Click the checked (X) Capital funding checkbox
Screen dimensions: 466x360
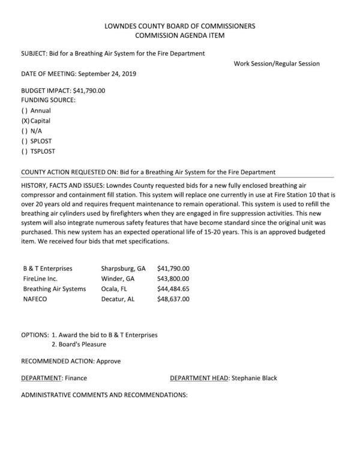(25, 121)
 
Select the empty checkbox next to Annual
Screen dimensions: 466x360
(25, 110)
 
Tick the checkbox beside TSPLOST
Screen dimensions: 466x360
(25, 151)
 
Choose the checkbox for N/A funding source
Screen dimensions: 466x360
(25, 131)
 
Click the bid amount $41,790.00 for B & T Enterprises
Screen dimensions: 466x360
(173, 268)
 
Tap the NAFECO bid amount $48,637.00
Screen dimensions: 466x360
(173, 299)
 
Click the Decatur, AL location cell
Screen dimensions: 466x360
(118, 299)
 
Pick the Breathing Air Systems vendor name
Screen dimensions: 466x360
(55, 288)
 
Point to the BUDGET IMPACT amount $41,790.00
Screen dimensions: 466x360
(89, 91)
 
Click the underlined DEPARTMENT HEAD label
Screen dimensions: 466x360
(199, 378)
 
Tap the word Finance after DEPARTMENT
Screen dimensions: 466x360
(76, 378)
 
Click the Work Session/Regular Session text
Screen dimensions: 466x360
(277, 64)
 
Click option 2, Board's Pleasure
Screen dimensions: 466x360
(79, 344)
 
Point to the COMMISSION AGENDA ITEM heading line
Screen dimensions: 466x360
(180, 36)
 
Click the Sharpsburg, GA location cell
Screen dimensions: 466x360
(123, 268)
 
